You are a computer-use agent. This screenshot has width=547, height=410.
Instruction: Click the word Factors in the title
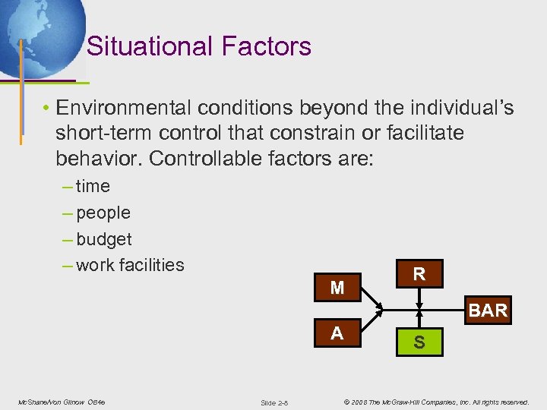[267, 47]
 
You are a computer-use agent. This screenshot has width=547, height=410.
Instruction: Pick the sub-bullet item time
[93, 186]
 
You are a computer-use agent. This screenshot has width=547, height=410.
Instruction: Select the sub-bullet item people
[103, 213]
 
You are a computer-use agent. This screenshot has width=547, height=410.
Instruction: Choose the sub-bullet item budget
[104, 239]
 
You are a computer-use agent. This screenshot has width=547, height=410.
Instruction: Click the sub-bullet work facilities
[130, 265]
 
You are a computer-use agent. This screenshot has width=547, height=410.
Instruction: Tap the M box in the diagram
[337, 288]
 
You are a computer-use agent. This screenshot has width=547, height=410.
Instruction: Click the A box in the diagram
[337, 333]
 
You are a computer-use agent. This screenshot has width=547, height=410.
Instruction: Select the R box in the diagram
[419, 274]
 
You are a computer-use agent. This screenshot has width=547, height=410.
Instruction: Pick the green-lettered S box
[419, 343]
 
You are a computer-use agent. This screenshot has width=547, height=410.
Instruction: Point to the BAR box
[488, 311]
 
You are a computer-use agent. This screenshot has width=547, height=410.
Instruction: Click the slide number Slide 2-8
[273, 402]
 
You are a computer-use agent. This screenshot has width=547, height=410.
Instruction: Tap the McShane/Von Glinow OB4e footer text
[62, 401]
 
